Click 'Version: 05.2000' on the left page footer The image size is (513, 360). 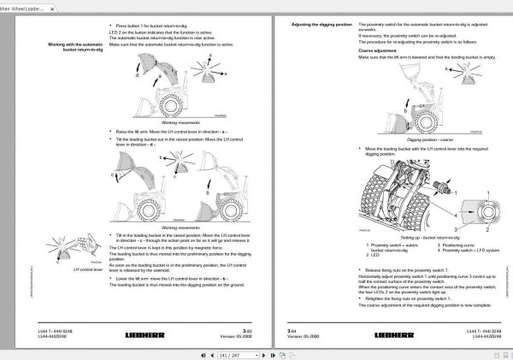pyautogui.click(x=239, y=336)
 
